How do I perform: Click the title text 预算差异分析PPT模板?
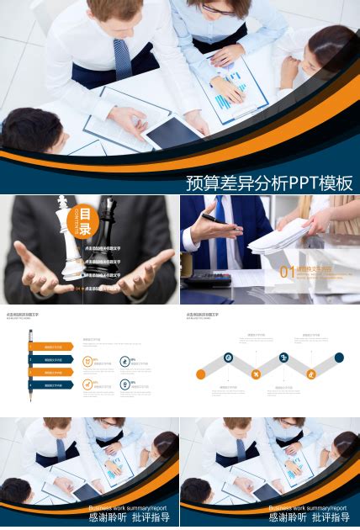(268, 183)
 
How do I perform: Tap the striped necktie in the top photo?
(122, 59)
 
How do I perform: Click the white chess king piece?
(68, 240)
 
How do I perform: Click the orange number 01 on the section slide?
(287, 273)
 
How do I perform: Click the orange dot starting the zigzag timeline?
(201, 374)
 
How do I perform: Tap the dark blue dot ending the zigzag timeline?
(339, 358)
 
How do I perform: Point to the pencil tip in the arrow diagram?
(31, 399)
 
